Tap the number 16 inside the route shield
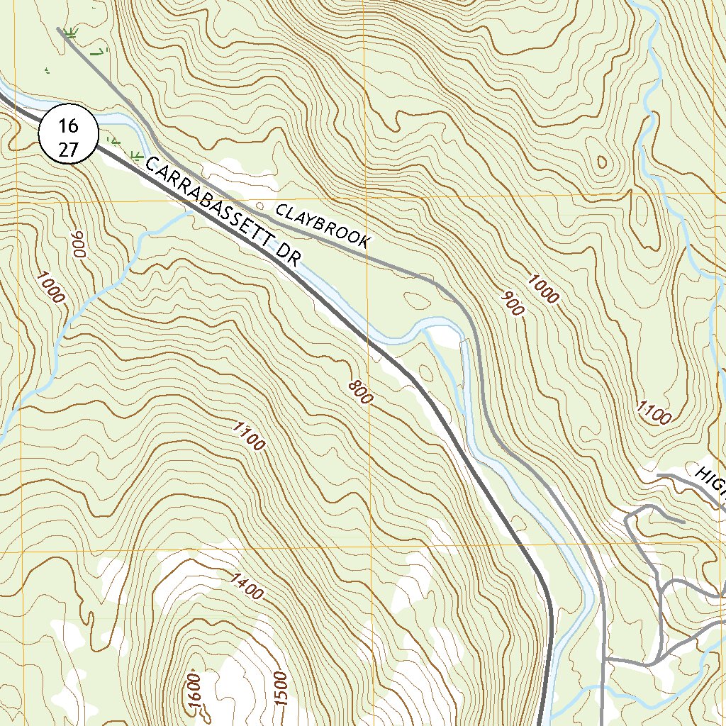[x=67, y=126]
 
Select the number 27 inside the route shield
[x=67, y=148]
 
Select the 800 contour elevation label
[x=360, y=392]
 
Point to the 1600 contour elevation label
[x=196, y=688]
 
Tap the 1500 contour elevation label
[x=281, y=688]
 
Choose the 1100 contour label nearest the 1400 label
[x=249, y=435]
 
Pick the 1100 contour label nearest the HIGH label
[x=653, y=412]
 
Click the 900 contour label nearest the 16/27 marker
[x=78, y=245]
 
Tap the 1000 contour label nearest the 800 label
[x=543, y=287]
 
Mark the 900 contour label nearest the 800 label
[x=512, y=303]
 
